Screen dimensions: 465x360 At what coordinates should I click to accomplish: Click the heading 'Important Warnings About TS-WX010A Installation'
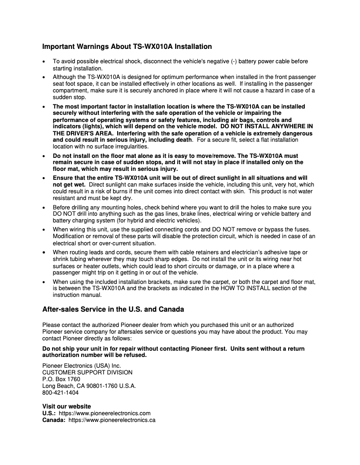[x=127, y=47]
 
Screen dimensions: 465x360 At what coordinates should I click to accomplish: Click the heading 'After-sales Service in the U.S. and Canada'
[x=113, y=309]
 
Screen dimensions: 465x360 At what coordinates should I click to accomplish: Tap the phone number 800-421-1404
[x=60, y=392]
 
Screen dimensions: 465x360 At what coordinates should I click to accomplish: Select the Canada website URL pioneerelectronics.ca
[x=112, y=420]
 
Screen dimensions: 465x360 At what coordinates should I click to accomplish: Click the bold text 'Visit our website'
[x=66, y=406]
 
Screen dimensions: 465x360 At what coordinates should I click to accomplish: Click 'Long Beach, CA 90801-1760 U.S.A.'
[x=89, y=386]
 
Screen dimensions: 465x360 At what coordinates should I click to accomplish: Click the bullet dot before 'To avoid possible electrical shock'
[x=43, y=61]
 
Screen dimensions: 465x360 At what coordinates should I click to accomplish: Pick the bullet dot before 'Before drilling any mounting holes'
[x=43, y=208]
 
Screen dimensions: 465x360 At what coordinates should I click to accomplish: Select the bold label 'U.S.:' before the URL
[x=49, y=413]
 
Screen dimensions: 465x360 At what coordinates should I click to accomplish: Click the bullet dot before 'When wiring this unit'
[x=43, y=229]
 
